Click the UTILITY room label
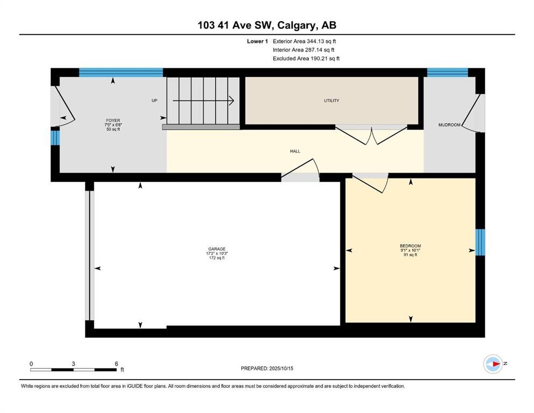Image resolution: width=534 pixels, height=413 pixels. (x=331, y=101)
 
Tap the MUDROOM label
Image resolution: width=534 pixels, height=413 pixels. (x=449, y=125)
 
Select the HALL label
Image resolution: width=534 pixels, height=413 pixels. (x=295, y=151)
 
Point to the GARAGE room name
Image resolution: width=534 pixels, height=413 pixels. (x=217, y=249)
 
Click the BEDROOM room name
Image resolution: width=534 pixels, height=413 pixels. (x=410, y=246)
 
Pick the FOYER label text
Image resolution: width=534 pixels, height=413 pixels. (x=113, y=120)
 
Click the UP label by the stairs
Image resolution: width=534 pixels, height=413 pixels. (x=154, y=101)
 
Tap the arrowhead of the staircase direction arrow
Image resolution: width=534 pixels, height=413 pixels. (x=232, y=101)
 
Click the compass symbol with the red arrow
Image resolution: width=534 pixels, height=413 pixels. (x=493, y=364)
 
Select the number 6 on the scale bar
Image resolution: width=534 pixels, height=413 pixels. (x=117, y=364)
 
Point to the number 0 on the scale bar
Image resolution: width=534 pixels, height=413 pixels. (x=31, y=364)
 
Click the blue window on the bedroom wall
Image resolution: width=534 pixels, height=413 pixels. (x=480, y=242)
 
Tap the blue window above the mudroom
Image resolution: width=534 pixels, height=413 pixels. (x=447, y=73)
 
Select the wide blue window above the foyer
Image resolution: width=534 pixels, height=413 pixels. (x=121, y=73)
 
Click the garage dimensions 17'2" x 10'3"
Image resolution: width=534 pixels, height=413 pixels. (x=217, y=253)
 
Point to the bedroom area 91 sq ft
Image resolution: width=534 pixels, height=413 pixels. (x=410, y=255)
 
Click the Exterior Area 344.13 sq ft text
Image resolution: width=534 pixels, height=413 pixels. (x=304, y=41)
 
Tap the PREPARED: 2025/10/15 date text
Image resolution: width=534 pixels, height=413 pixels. (x=267, y=368)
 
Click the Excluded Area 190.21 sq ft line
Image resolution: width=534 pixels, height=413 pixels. (x=306, y=58)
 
